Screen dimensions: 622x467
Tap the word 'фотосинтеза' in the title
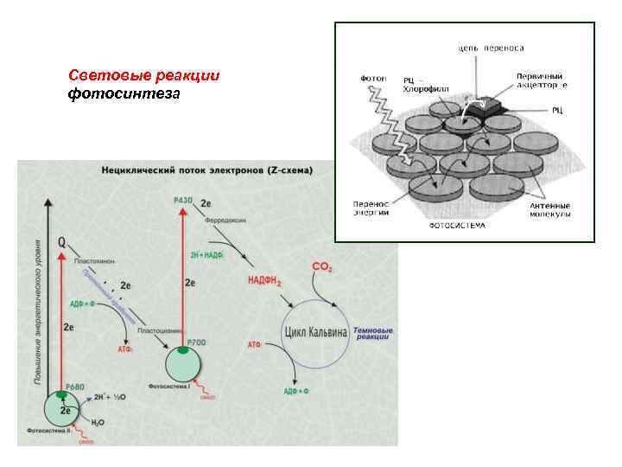[x=124, y=93]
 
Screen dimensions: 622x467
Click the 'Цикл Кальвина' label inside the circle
[x=316, y=332]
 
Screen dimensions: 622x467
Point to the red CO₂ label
[x=321, y=271]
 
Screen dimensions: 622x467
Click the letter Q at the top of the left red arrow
[x=61, y=243]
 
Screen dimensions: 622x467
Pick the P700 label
[x=196, y=344]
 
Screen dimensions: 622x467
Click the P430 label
[x=183, y=201]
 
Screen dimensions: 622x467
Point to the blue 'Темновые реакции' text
[x=372, y=334]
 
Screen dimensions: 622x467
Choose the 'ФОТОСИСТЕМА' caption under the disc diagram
[x=458, y=226]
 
